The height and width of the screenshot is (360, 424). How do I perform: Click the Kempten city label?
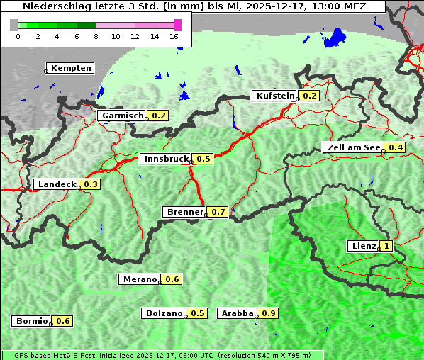click(x=70, y=68)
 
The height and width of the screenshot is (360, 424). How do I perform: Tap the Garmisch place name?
click(x=122, y=116)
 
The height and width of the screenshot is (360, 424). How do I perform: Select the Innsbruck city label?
click(x=166, y=159)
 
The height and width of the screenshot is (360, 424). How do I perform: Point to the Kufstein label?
click(x=274, y=96)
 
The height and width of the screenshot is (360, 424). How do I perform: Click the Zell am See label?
click(x=352, y=147)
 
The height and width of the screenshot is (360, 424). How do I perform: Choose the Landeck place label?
click(x=56, y=184)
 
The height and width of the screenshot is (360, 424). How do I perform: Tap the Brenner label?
click(x=184, y=212)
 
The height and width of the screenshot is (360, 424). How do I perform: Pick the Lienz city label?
click(x=363, y=246)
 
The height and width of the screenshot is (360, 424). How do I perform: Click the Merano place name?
click(x=139, y=279)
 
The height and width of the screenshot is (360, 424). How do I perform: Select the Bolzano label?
click(x=164, y=313)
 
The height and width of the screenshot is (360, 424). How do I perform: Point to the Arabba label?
click(x=237, y=313)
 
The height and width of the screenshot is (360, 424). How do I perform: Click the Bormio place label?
click(x=31, y=321)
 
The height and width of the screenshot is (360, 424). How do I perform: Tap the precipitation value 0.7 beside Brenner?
click(x=218, y=212)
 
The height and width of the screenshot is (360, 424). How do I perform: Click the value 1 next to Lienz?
click(x=386, y=246)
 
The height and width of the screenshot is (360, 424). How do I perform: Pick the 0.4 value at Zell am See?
click(x=395, y=147)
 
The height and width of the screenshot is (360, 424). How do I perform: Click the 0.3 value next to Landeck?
click(x=91, y=184)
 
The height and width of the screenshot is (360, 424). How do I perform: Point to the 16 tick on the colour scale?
click(x=174, y=36)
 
